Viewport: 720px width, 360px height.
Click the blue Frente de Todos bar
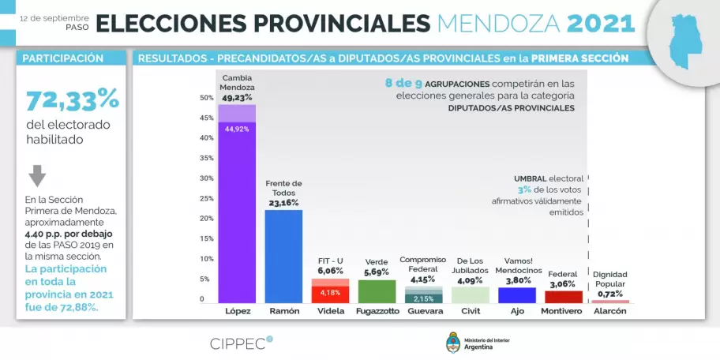click(283, 256)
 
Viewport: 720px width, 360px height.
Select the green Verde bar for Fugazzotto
click(377, 291)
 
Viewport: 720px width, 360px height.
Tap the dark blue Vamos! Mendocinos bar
click(516, 294)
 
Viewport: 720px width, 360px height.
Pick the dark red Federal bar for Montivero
click(564, 297)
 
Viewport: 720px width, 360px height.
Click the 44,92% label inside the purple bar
click(237, 129)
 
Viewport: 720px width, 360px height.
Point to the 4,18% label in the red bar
click(330, 293)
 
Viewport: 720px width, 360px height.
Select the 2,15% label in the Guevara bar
click(423, 298)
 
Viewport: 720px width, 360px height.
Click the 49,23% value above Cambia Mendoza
click(237, 98)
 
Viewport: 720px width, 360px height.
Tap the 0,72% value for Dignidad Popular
click(610, 294)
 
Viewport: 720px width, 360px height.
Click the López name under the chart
click(237, 311)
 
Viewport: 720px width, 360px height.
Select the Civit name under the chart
click(470, 311)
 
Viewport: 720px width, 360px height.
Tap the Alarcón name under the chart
click(610, 311)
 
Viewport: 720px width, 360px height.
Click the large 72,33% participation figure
click(72, 100)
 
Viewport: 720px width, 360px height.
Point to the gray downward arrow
click(37, 175)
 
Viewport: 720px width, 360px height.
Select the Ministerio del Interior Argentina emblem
click(454, 343)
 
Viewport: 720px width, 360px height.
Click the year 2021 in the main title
click(601, 23)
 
